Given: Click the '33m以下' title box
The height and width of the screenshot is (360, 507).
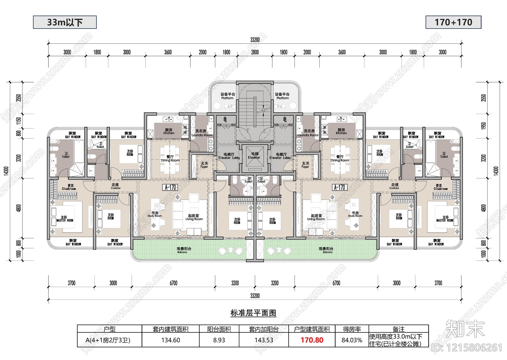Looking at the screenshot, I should [65, 22].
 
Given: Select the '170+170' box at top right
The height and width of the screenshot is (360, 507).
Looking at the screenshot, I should [453, 22].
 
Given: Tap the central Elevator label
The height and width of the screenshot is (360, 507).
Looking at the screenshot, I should [254, 156].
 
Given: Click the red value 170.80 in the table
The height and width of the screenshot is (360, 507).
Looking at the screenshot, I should [312, 340].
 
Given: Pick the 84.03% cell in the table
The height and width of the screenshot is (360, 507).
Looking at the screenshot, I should [352, 340].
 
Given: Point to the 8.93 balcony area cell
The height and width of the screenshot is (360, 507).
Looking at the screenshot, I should [219, 340].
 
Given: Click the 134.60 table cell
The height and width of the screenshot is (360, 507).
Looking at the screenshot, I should [170, 340].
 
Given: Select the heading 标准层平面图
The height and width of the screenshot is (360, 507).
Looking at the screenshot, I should [253, 313].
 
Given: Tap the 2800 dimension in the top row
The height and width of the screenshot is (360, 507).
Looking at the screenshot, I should [255, 52].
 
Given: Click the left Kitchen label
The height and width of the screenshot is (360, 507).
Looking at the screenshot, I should [169, 132].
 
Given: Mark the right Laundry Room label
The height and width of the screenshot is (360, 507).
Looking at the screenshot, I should [308, 133].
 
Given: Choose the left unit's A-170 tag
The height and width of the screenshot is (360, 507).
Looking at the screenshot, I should [170, 187].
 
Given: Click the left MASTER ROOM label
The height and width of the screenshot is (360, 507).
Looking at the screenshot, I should [65, 219].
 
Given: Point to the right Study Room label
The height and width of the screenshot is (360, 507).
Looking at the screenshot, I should [355, 215].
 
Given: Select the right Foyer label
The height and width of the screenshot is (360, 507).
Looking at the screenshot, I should [305, 165].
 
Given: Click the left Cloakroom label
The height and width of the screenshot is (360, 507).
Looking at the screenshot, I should [69, 187].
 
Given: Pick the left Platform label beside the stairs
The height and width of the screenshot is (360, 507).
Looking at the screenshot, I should [228, 96].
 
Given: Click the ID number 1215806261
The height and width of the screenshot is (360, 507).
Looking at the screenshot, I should [467, 348].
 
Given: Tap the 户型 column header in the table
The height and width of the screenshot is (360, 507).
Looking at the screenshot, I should [110, 329].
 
